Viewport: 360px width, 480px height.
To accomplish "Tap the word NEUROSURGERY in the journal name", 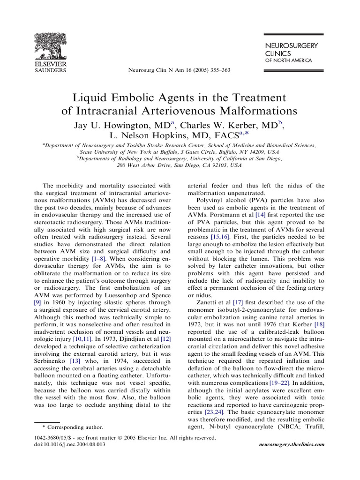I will click(291, 45).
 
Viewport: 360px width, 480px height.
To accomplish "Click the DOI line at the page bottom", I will click(70, 444).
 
